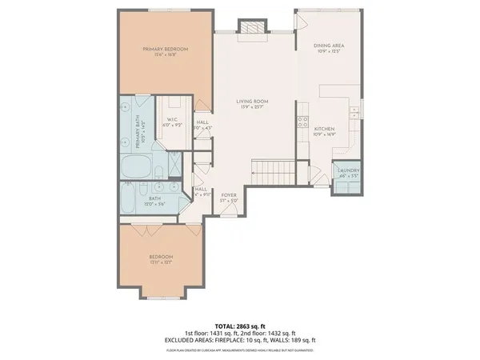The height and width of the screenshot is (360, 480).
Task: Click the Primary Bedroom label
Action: tap(165, 50)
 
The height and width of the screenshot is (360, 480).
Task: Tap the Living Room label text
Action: tap(251, 102)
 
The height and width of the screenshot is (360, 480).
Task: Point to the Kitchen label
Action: tap(324, 129)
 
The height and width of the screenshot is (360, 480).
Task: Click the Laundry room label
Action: tap(348, 170)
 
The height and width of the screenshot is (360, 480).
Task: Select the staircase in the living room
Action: tap(272, 170)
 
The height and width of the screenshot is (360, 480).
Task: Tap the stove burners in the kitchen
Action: tap(303, 122)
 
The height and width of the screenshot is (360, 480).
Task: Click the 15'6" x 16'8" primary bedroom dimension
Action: tap(165, 56)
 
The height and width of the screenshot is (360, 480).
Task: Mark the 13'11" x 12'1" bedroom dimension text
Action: tap(161, 262)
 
